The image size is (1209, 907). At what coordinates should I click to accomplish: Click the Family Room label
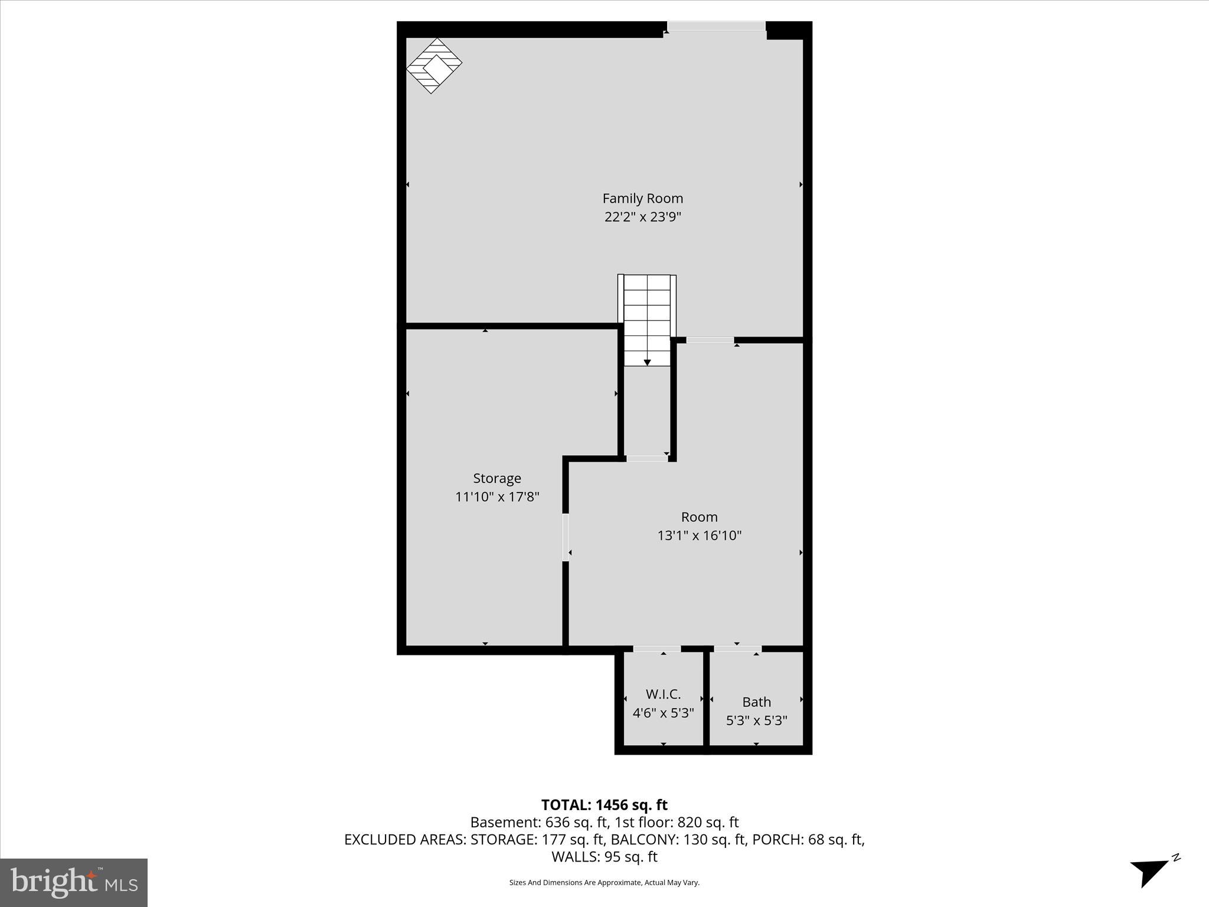pyautogui.click(x=642, y=198)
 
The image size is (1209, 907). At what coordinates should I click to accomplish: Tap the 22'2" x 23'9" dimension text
pyautogui.click(x=642, y=217)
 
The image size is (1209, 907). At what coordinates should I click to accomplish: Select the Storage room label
pyautogui.click(x=496, y=478)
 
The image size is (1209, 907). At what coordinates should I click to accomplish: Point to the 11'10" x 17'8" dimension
pyautogui.click(x=496, y=497)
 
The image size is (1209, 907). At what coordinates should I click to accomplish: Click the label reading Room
pyautogui.click(x=699, y=517)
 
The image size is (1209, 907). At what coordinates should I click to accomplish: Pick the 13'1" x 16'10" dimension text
pyautogui.click(x=699, y=536)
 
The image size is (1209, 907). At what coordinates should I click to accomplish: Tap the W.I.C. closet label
pyautogui.click(x=663, y=694)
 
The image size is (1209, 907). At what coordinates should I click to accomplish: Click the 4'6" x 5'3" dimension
pyautogui.click(x=663, y=713)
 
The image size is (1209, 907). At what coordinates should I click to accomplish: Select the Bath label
pyautogui.click(x=756, y=702)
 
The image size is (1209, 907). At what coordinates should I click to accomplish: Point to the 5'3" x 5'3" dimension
pyautogui.click(x=756, y=720)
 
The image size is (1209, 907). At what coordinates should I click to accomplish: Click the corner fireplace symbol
pyautogui.click(x=434, y=66)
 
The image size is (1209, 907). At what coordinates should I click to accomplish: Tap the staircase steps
pyautogui.click(x=647, y=316)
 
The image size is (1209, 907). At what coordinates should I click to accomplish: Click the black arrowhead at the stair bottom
pyautogui.click(x=647, y=363)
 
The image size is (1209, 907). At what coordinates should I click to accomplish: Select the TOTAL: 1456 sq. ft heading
pyautogui.click(x=604, y=805)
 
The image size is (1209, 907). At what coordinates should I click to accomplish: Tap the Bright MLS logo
pyautogui.click(x=73, y=882)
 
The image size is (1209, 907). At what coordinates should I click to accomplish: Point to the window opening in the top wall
pyautogui.click(x=716, y=27)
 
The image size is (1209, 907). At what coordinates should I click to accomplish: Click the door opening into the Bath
pyautogui.click(x=737, y=649)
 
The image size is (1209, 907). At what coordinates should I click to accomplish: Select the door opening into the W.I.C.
pyautogui.click(x=656, y=649)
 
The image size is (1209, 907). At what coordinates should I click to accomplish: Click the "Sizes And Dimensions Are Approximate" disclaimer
pyautogui.click(x=604, y=883)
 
